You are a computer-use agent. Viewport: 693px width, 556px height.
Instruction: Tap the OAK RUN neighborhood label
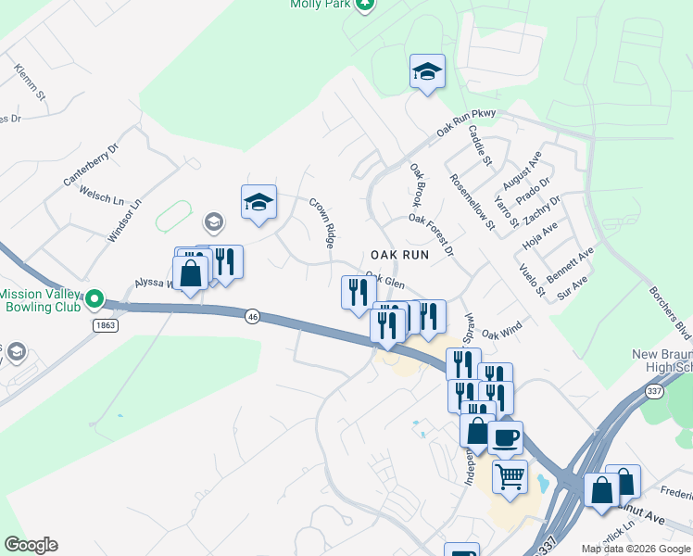pos(400,253)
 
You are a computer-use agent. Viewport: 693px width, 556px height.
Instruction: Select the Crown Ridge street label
pos(321,222)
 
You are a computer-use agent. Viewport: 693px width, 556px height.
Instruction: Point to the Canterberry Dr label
pos(91,165)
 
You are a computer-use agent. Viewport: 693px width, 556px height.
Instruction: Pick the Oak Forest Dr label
pos(432,234)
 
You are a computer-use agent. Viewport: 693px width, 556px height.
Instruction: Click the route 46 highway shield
pos(252,317)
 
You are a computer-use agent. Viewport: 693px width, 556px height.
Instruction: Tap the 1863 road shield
pos(104,324)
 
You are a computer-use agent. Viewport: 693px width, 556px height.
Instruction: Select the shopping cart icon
pos(509,476)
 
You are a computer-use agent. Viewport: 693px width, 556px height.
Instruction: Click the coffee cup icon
pos(505,437)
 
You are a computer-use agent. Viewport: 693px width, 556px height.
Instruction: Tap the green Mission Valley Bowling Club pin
pos(94,300)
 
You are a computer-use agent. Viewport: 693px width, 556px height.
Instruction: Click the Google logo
pos(31,545)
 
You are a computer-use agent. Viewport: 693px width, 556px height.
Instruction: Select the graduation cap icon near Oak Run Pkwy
pos(427,71)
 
